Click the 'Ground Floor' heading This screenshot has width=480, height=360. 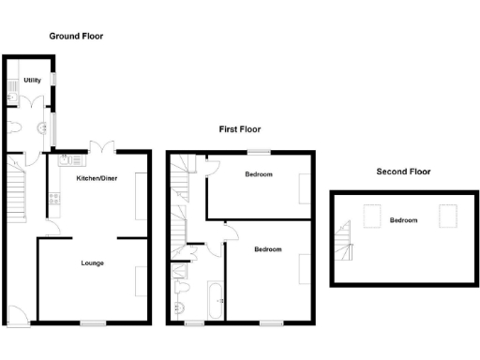tap(76, 36)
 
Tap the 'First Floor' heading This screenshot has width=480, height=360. tap(241, 129)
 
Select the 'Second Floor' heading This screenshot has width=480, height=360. tap(403, 172)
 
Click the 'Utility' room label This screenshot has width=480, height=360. tap(33, 81)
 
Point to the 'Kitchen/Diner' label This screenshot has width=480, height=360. tap(96, 177)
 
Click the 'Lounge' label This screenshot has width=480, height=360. tap(92, 263)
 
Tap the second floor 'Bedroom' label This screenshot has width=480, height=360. tap(403, 220)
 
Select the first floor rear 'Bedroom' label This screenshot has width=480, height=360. tap(259, 174)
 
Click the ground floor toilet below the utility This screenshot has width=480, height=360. tap(16, 128)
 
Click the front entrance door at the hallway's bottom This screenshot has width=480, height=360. tap(16, 317)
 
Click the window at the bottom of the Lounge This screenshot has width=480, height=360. tap(92, 323)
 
